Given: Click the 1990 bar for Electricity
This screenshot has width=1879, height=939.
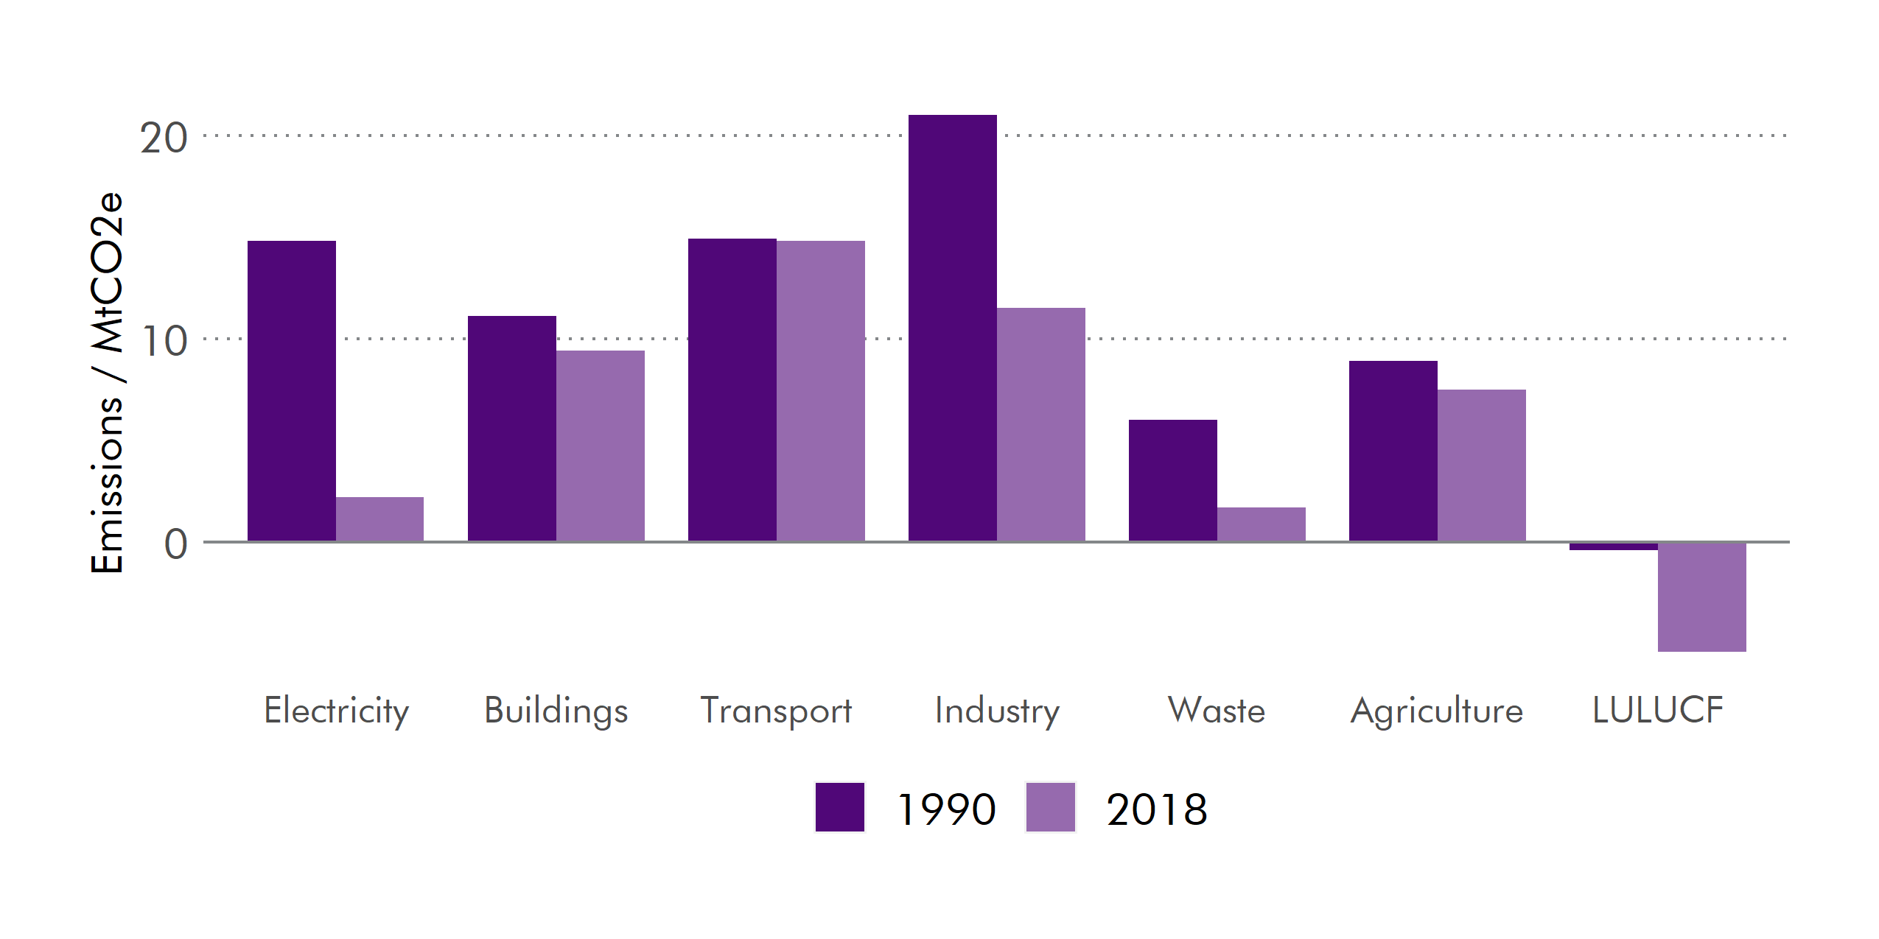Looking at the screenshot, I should (x=291, y=390).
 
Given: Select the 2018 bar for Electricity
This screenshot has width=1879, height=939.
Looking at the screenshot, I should (x=379, y=519).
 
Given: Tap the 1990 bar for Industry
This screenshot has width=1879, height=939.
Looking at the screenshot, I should (x=952, y=328).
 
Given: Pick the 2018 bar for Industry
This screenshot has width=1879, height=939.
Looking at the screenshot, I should (x=1040, y=424).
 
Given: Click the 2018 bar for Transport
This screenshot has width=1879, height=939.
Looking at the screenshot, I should (x=820, y=390).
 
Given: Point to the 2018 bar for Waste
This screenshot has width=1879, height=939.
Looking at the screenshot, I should (x=1261, y=524).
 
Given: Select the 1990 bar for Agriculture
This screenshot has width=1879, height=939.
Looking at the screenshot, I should (x=1393, y=451).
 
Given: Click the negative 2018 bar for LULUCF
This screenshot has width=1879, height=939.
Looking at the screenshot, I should (x=1701, y=597).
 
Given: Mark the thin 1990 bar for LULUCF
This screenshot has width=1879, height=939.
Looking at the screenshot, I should (x=1613, y=546).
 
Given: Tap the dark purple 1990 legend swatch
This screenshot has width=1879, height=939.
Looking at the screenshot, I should (x=839, y=807).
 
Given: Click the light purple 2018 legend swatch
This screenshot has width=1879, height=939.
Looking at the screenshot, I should (x=1050, y=807).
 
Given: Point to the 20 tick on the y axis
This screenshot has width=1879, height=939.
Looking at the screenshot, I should (x=164, y=138).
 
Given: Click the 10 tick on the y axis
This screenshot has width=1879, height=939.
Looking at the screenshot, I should (x=164, y=341).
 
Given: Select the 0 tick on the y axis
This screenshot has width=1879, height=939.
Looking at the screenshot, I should (x=175, y=544).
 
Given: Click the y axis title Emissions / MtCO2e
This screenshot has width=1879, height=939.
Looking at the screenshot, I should (x=107, y=383).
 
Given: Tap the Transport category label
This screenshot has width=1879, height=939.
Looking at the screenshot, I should (x=776, y=711).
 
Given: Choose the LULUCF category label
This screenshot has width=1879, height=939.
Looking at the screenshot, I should (x=1657, y=711).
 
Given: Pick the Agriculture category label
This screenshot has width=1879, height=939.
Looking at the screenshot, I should (x=1436, y=711).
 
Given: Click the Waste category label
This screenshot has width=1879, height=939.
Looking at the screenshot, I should (x=1217, y=711).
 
